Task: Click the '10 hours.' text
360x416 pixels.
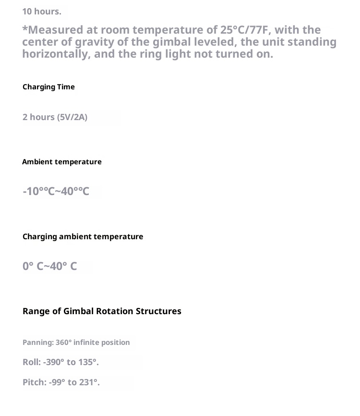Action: pyautogui.click(x=42, y=11)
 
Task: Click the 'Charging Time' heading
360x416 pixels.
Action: pyautogui.click(x=48, y=87)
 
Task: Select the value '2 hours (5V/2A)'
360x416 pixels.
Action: pyautogui.click(x=55, y=117)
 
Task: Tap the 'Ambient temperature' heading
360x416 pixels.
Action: pyautogui.click(x=62, y=162)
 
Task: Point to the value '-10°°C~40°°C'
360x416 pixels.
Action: pyautogui.click(x=56, y=192)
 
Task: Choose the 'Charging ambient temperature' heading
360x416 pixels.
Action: pyautogui.click(x=83, y=236)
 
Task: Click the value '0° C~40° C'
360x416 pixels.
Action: pyautogui.click(x=49, y=266)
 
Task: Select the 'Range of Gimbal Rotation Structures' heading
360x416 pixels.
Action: pyautogui.click(x=102, y=311)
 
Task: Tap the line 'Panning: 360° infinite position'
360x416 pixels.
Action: pyautogui.click(x=76, y=343)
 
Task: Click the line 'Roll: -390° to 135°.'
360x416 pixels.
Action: pyautogui.click(x=60, y=362)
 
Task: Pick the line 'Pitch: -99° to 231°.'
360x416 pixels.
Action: pyautogui.click(x=61, y=383)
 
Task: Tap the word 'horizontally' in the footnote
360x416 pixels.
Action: pyautogui.click(x=56, y=54)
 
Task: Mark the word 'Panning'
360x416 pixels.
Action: pyautogui.click(x=37, y=343)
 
